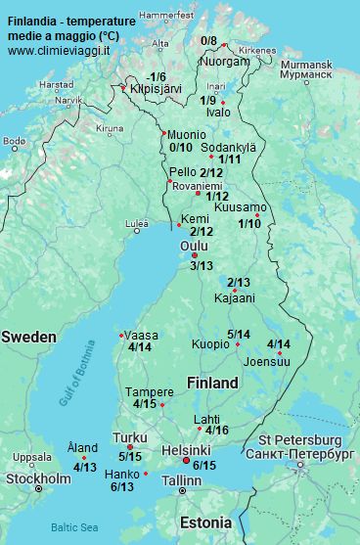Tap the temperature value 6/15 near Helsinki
pos(204,465)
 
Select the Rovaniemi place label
pos(197,185)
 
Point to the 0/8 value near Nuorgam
pos(209,41)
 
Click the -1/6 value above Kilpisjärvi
pos(156,77)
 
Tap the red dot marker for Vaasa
pos(120,335)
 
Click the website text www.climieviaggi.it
pos(59,49)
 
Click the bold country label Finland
pos(212,382)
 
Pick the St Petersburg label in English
pos(299,440)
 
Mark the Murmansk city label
pos(306,65)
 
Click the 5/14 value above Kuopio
pos(239,334)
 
